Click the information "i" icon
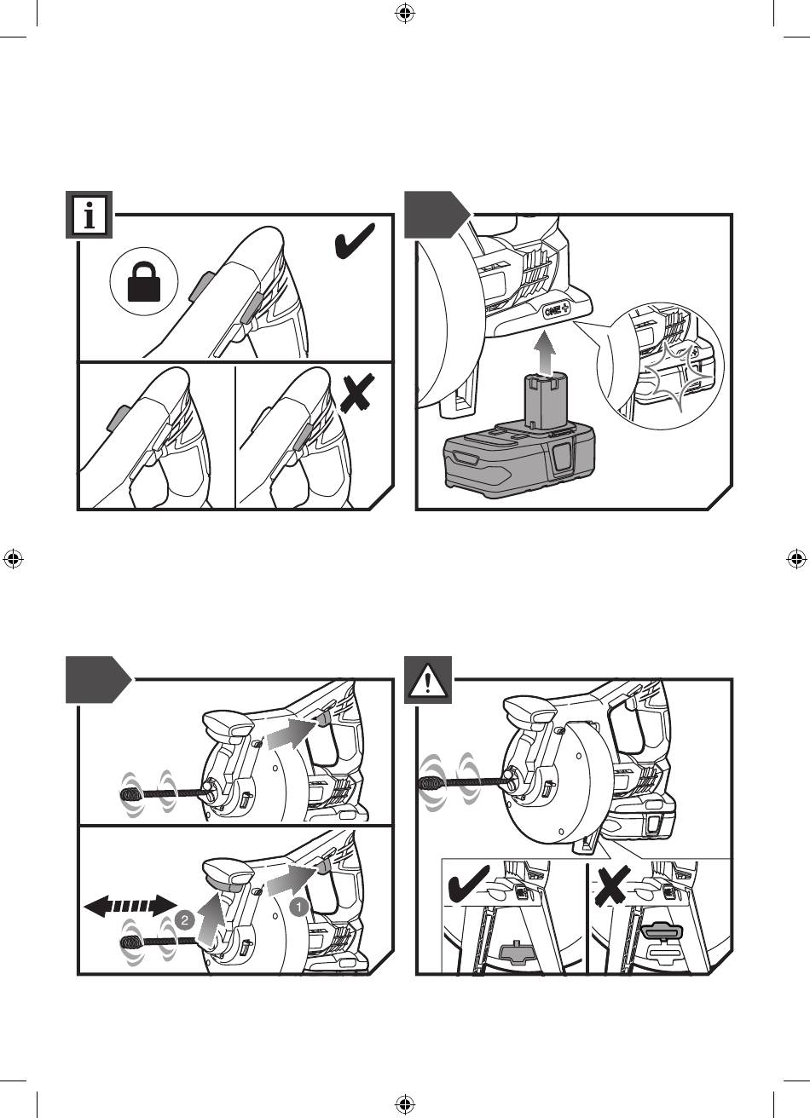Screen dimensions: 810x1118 89,215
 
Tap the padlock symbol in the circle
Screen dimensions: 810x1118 144,283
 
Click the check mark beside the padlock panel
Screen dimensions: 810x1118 354,241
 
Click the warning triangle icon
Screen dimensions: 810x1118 427,680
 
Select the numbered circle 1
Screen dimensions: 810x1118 298,907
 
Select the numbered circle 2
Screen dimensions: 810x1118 184,920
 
